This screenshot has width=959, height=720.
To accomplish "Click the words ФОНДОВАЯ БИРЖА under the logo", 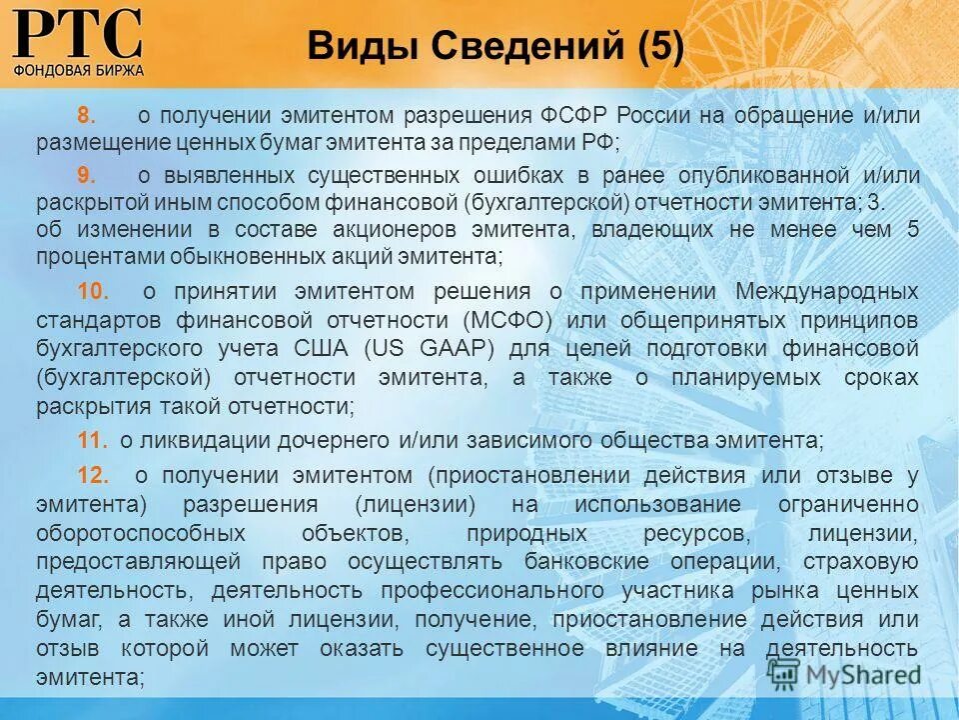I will (79, 70).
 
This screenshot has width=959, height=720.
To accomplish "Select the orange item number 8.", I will (85, 116).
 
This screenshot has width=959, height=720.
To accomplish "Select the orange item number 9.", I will (85, 175).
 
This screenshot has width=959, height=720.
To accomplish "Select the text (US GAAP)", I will (430, 350).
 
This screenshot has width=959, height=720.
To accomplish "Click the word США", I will (322, 350).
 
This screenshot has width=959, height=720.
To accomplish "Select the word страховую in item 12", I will (868, 561).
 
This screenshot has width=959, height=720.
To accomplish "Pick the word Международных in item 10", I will (826, 292).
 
